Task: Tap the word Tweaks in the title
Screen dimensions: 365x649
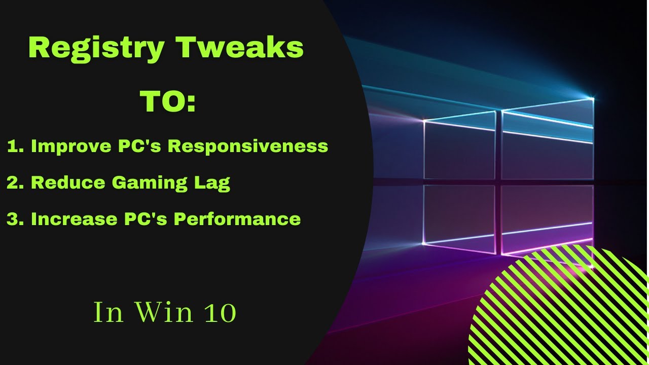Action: (x=239, y=48)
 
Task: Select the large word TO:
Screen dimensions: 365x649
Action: (x=168, y=102)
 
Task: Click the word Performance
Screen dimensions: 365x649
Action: (x=237, y=219)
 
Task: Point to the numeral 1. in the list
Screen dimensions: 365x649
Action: (x=15, y=147)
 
